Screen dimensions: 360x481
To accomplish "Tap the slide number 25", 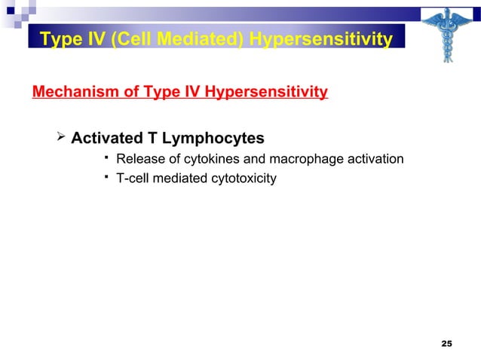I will pyautogui.click(x=446, y=344).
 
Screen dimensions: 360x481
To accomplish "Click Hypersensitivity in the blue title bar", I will pyautogui.click(x=322, y=39).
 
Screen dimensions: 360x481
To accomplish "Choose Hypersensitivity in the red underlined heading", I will pyautogui.click(x=266, y=93).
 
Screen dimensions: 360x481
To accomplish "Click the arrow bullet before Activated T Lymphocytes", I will pyautogui.click(x=63, y=138).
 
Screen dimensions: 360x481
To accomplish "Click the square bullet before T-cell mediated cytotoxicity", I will pyautogui.click(x=108, y=176).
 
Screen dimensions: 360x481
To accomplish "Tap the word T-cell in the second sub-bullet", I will pyautogui.click(x=133, y=178).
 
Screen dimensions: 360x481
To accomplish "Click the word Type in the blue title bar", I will pyautogui.click(x=58, y=39).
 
